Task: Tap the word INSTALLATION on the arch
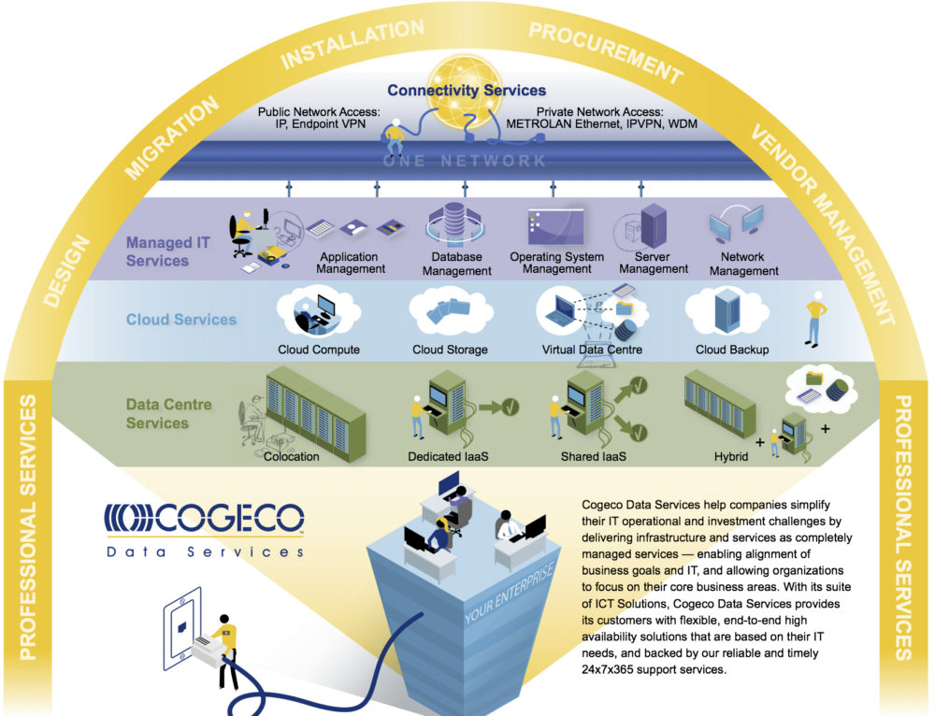(x=352, y=43)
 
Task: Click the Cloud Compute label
(x=319, y=351)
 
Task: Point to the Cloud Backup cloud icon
(x=732, y=311)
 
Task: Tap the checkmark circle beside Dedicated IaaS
(x=510, y=407)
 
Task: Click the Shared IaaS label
(x=593, y=457)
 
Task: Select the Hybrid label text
(x=732, y=457)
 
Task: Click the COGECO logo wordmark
(x=204, y=519)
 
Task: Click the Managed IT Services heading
(x=168, y=251)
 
